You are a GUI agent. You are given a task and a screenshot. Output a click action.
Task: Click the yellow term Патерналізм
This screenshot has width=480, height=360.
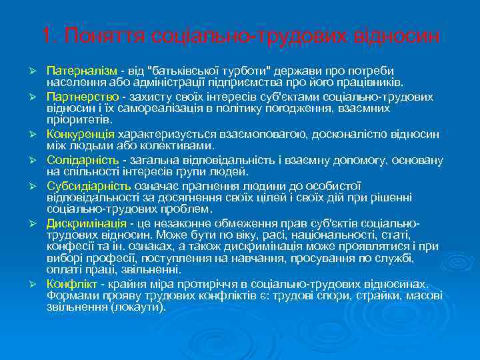tap(82, 70)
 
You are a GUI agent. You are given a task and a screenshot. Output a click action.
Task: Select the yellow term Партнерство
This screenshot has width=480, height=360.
tap(78, 95)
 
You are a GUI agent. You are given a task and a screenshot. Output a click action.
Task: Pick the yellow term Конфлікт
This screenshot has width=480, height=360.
tap(71, 283)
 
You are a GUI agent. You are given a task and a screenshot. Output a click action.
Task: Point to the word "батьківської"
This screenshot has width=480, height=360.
tap(192, 70)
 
